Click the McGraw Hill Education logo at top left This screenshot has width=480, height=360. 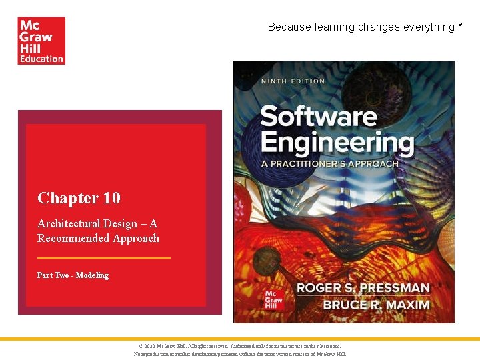pyautogui.click(x=41, y=41)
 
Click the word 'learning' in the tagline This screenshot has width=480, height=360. pyautogui.click(x=335, y=27)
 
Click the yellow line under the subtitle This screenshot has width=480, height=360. pyautogui.click(x=104, y=257)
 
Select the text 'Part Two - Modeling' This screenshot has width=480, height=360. pyautogui.click(x=73, y=275)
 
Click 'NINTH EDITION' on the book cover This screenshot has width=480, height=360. pyautogui.click(x=293, y=81)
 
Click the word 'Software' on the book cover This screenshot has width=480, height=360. pyautogui.click(x=318, y=117)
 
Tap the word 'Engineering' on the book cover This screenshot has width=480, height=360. pyautogui.click(x=337, y=143)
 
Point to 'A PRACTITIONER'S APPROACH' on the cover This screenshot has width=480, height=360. pyautogui.click(x=329, y=163)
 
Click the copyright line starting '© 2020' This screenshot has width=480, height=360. pyautogui.click(x=240, y=347)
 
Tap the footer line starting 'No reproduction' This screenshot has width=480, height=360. pyautogui.click(x=240, y=354)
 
